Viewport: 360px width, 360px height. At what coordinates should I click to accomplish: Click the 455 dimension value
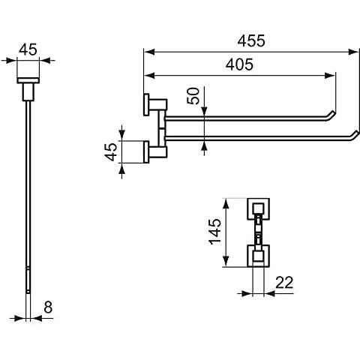pyautogui.click(x=251, y=41)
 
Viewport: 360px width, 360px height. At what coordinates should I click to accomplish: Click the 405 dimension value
pyautogui.click(x=239, y=64)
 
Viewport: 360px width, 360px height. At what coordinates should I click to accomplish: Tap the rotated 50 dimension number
pyautogui.click(x=193, y=96)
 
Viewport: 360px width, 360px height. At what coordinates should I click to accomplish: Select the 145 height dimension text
pyautogui.click(x=214, y=232)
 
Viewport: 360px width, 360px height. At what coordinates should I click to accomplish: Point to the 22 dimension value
pyautogui.click(x=284, y=283)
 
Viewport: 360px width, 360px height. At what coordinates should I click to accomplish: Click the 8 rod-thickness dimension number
pyautogui.click(x=48, y=307)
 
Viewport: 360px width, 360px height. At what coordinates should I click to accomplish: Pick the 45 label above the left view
pyautogui.click(x=28, y=49)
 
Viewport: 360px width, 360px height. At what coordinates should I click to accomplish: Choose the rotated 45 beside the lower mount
pyautogui.click(x=111, y=151)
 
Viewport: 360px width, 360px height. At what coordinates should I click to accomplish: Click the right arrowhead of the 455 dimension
pyautogui.click(x=354, y=52)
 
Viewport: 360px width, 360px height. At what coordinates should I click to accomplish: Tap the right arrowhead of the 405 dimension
pyautogui.click(x=330, y=75)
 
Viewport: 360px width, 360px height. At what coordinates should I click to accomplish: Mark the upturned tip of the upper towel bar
pyautogui.click(x=332, y=112)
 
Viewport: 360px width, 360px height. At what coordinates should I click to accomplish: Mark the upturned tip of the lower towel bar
pyautogui.click(x=356, y=132)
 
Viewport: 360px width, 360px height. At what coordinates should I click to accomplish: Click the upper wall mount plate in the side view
pyautogui.click(x=146, y=105)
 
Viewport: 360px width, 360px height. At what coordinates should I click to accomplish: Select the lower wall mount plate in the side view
pyautogui.click(x=146, y=152)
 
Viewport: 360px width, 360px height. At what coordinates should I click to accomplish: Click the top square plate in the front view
pyautogui.click(x=259, y=209)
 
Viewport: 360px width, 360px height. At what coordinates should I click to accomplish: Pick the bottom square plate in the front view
pyautogui.click(x=259, y=256)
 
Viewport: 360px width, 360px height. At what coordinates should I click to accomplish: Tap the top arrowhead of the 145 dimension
pyautogui.click(x=226, y=204)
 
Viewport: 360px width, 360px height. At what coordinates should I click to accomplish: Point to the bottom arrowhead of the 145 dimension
pyautogui.click(x=226, y=262)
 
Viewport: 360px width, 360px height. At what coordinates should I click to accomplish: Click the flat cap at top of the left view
pyautogui.click(x=28, y=80)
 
